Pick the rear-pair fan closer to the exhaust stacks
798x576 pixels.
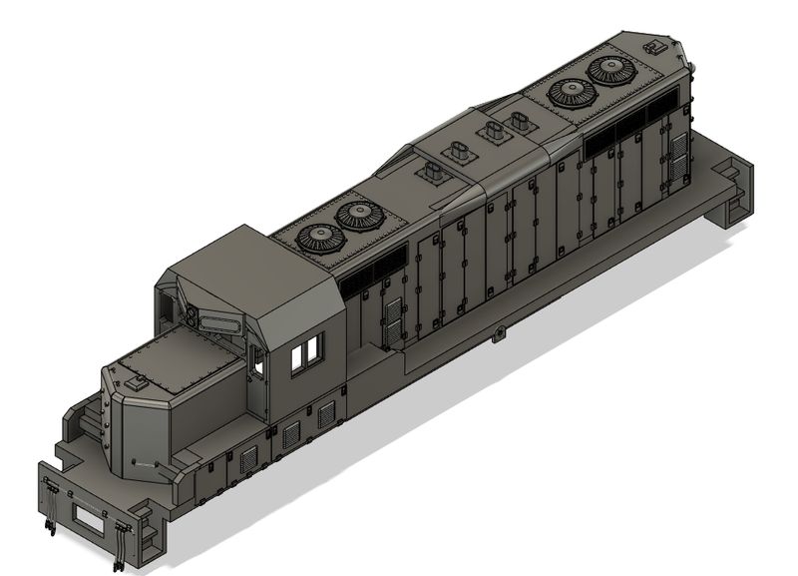(x=573, y=92)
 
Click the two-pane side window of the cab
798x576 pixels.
(x=307, y=352)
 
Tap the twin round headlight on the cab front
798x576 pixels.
(x=190, y=312)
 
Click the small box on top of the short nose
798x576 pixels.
(x=140, y=381)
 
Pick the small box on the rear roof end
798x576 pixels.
(x=655, y=46)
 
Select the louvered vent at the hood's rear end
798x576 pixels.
(x=678, y=159)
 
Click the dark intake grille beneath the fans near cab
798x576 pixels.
(x=373, y=276)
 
